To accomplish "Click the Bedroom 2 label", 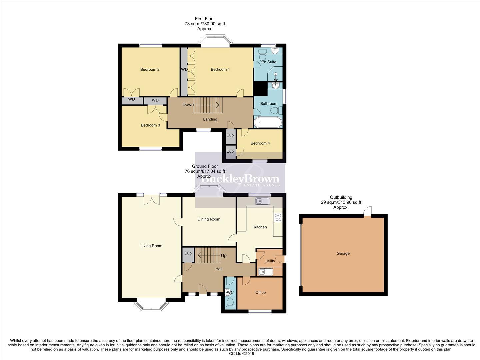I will [x=150, y=69].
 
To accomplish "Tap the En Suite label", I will [x=269, y=62].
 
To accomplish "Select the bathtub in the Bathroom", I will [x=268, y=122].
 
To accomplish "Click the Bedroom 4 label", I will [x=260, y=143].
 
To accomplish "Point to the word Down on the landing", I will [x=188, y=105].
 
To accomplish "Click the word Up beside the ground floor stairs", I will [x=224, y=256].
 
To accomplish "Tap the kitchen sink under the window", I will [x=262, y=201].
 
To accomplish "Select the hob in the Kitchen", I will [x=278, y=218].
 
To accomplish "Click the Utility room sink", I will [x=266, y=272].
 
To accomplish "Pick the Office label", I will [x=260, y=293].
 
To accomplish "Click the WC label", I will [x=230, y=293].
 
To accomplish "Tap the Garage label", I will [x=343, y=254].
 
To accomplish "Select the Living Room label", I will [x=151, y=246].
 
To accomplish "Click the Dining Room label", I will [x=209, y=219].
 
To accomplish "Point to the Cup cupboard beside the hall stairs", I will [x=188, y=253].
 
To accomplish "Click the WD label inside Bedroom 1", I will [x=184, y=70].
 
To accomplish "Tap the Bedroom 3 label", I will [x=150, y=125].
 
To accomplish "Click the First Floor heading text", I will [x=205, y=19].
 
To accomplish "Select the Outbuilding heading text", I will [x=341, y=197].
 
